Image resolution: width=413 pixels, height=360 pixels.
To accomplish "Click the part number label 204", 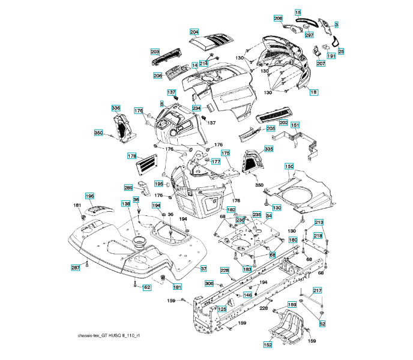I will click(194, 32).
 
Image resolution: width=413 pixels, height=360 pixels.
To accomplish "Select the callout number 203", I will click(155, 53).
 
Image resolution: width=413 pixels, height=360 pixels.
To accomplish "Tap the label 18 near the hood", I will click(314, 92).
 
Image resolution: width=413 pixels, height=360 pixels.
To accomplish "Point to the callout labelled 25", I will click(341, 52).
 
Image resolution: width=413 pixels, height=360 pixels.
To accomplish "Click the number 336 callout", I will click(116, 108).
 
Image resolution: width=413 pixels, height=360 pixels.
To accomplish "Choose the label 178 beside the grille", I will click(132, 156).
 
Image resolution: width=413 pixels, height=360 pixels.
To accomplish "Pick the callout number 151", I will click(295, 125).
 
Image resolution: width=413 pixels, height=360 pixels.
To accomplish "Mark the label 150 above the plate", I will click(289, 166).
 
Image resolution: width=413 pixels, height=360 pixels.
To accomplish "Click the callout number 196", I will click(89, 196).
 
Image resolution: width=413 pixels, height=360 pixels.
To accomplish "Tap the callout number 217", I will click(318, 290).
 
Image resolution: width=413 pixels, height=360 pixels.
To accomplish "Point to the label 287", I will click(76, 268).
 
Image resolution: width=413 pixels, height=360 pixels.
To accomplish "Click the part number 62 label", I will click(146, 287).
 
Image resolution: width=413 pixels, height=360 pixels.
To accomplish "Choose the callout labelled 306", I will click(209, 283).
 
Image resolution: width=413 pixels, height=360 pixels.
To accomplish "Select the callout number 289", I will click(128, 188).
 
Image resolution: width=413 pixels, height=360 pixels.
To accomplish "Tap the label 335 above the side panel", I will click(268, 149).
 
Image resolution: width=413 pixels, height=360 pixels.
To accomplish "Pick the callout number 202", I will click(283, 122).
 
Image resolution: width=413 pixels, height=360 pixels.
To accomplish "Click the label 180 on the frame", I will click(293, 239).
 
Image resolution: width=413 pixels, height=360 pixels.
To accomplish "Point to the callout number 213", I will click(319, 223).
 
